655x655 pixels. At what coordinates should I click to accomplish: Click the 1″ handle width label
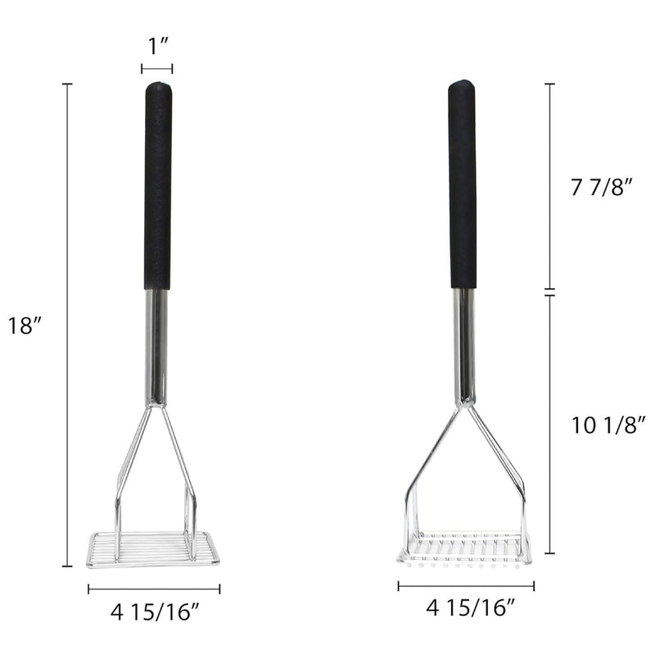point(158,46)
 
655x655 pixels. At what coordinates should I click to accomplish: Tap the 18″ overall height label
point(26,325)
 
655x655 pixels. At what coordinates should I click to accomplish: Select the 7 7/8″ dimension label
point(603,187)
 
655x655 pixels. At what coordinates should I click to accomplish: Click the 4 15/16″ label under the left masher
point(154,612)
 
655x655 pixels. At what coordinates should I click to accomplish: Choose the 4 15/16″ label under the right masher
point(470,608)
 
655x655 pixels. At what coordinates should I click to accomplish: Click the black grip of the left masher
point(158,186)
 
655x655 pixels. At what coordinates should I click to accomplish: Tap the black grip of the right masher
point(463,183)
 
